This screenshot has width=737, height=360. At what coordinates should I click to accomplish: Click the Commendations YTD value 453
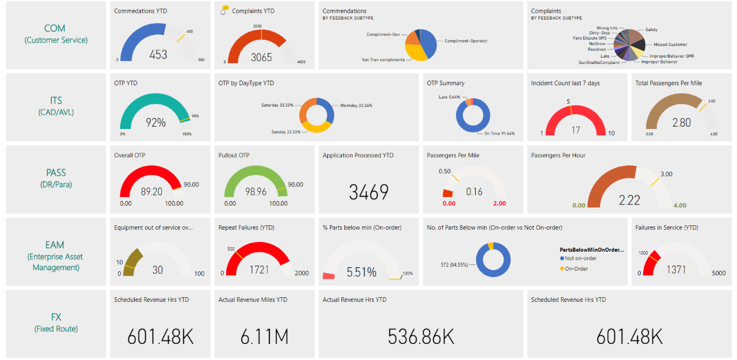(x=158, y=55)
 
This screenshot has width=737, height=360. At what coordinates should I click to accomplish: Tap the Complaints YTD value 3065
(x=261, y=57)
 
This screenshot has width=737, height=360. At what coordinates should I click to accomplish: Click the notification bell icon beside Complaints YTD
(x=223, y=11)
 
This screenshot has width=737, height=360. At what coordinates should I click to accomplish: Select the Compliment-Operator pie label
(x=466, y=41)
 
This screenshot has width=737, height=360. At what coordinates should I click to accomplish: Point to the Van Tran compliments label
(x=383, y=59)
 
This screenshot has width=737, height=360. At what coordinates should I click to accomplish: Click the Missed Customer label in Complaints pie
(x=670, y=44)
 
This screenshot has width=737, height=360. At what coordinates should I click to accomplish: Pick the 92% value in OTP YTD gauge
(x=155, y=123)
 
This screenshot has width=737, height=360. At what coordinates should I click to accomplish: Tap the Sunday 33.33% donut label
(x=286, y=132)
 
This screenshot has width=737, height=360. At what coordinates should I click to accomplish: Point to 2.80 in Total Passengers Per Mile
(x=681, y=123)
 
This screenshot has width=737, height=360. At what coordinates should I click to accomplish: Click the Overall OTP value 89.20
(x=151, y=192)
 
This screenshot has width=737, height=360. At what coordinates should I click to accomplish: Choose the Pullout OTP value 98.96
(x=255, y=192)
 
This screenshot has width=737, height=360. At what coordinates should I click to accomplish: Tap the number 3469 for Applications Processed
(x=368, y=192)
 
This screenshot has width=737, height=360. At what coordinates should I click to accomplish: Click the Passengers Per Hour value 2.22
(x=629, y=200)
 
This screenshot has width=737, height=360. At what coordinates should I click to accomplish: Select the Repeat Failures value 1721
(x=260, y=270)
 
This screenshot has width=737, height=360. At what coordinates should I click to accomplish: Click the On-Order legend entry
(x=576, y=268)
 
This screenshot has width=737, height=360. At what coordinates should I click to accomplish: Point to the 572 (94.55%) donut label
(x=455, y=265)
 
